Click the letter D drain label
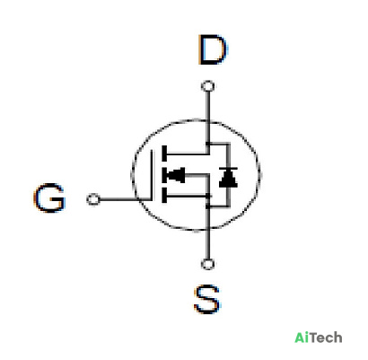coord(213,49)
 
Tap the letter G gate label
coord(49,198)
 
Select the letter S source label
coord(207,299)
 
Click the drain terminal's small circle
coord(208,86)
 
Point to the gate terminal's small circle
coord(93,199)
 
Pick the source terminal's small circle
coord(207,264)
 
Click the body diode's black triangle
coord(228,180)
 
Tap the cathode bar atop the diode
coord(228,169)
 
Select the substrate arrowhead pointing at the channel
coord(176,175)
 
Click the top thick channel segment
coord(164,154)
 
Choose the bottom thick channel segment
coord(164,196)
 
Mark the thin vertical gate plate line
coord(152,175)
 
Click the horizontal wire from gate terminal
coord(125,199)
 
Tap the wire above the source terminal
coord(207,233)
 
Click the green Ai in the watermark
coord(302,338)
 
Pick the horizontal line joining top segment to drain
coord(188,154)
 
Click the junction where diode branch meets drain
coord(208,144)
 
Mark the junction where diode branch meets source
coord(207,206)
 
